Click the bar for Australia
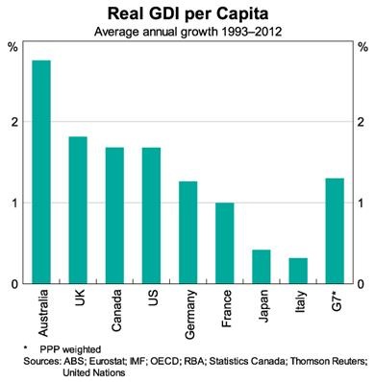pos(41,172)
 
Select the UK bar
pos(78,210)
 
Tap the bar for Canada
pos(114,216)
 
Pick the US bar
pos(151,216)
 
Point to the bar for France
pos(224,244)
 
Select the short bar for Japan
pos(261,267)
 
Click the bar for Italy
pos(297,271)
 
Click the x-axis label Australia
pos(42,311)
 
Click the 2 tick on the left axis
pos(13,122)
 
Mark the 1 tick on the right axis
pos(362,203)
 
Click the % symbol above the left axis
pos(12,46)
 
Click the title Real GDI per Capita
pos(187,13)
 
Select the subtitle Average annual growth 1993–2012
pos(187,32)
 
